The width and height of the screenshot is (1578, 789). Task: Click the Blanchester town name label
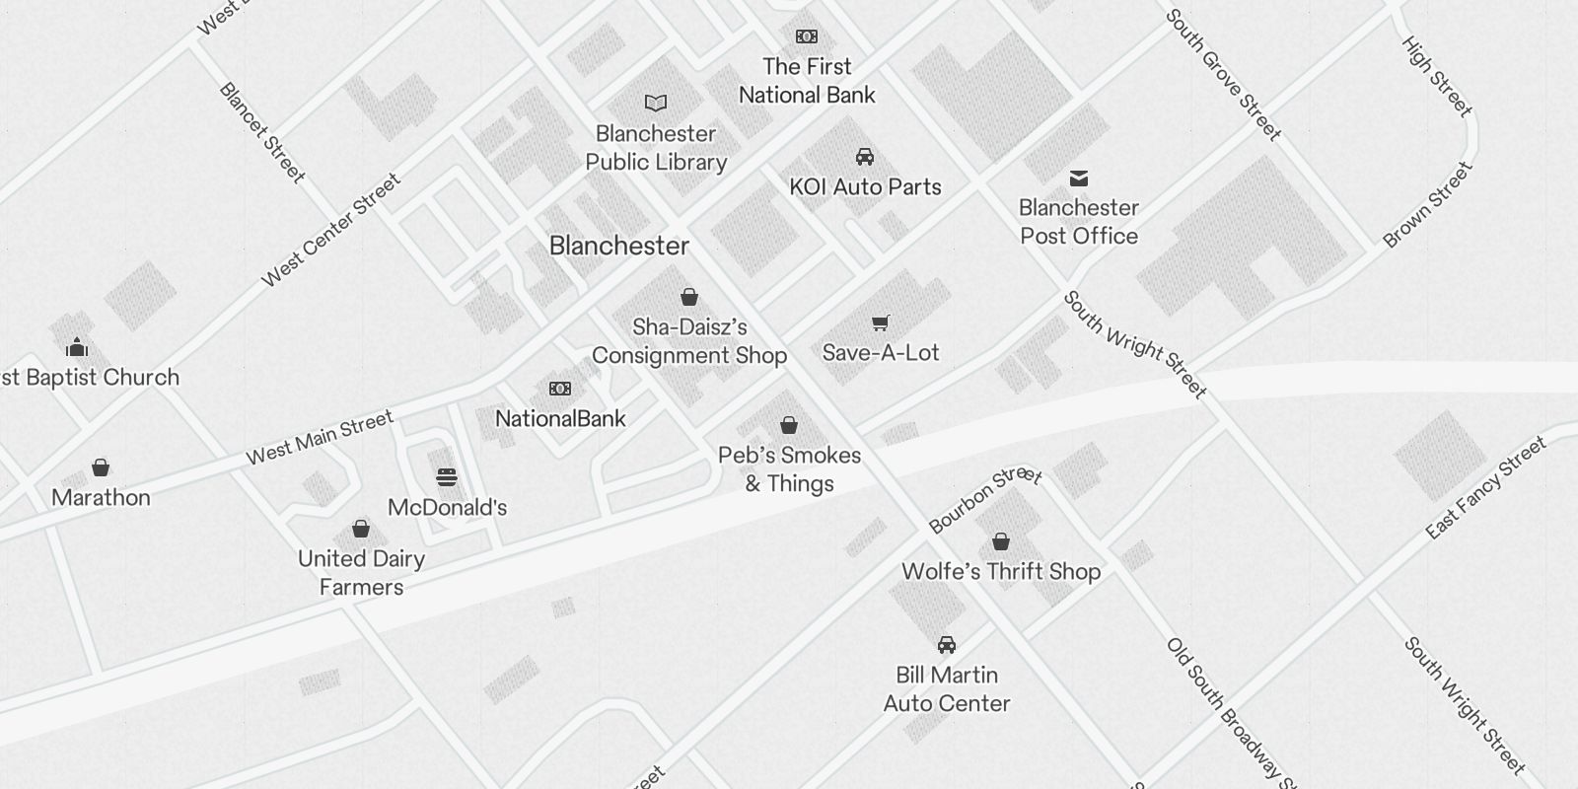618,246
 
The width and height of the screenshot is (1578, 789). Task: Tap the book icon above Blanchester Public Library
656,103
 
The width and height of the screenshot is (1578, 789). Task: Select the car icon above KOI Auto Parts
865,157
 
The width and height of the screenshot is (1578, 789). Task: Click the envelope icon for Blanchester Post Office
1079,179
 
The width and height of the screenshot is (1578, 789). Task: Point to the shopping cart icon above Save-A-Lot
881,323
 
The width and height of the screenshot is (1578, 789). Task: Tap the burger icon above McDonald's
447,478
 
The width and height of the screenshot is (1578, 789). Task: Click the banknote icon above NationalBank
560,389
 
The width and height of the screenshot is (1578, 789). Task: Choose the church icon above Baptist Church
77,347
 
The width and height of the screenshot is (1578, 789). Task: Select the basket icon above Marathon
101,467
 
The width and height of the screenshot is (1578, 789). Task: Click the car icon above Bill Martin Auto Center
947,645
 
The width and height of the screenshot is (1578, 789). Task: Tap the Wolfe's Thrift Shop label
1001,571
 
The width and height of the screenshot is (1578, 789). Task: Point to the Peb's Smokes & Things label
789,469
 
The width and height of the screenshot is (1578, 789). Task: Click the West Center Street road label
331,231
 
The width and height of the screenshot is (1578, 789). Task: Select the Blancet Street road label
261,132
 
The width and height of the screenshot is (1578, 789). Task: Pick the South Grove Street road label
1223,75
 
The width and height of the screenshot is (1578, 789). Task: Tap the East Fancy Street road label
1486,488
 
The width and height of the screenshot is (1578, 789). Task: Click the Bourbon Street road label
984,498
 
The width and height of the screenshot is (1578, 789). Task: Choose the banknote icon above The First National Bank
807,36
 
